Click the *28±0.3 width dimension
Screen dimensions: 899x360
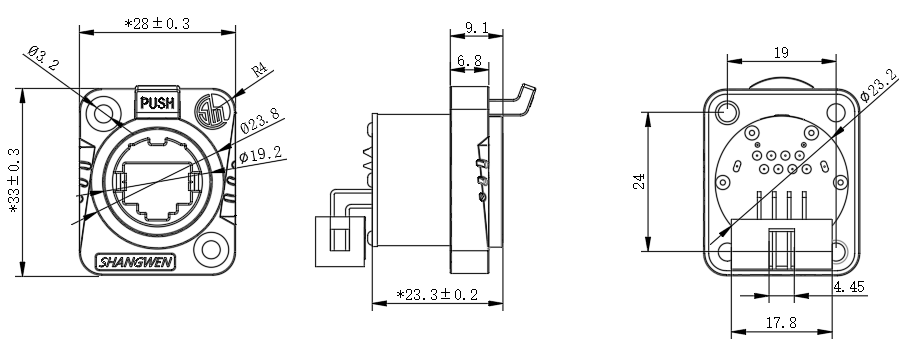[x=157, y=24]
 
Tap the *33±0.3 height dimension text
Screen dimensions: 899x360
[x=14, y=181]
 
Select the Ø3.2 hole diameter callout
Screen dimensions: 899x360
[x=43, y=58]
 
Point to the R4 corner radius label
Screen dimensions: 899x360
[x=260, y=71]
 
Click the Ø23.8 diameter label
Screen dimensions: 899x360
[x=260, y=120]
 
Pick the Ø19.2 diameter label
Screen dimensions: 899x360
[x=260, y=154]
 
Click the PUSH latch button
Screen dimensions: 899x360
[x=157, y=103]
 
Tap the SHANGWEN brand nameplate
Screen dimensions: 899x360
[x=136, y=263]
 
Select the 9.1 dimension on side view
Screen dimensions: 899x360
[x=477, y=27]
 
